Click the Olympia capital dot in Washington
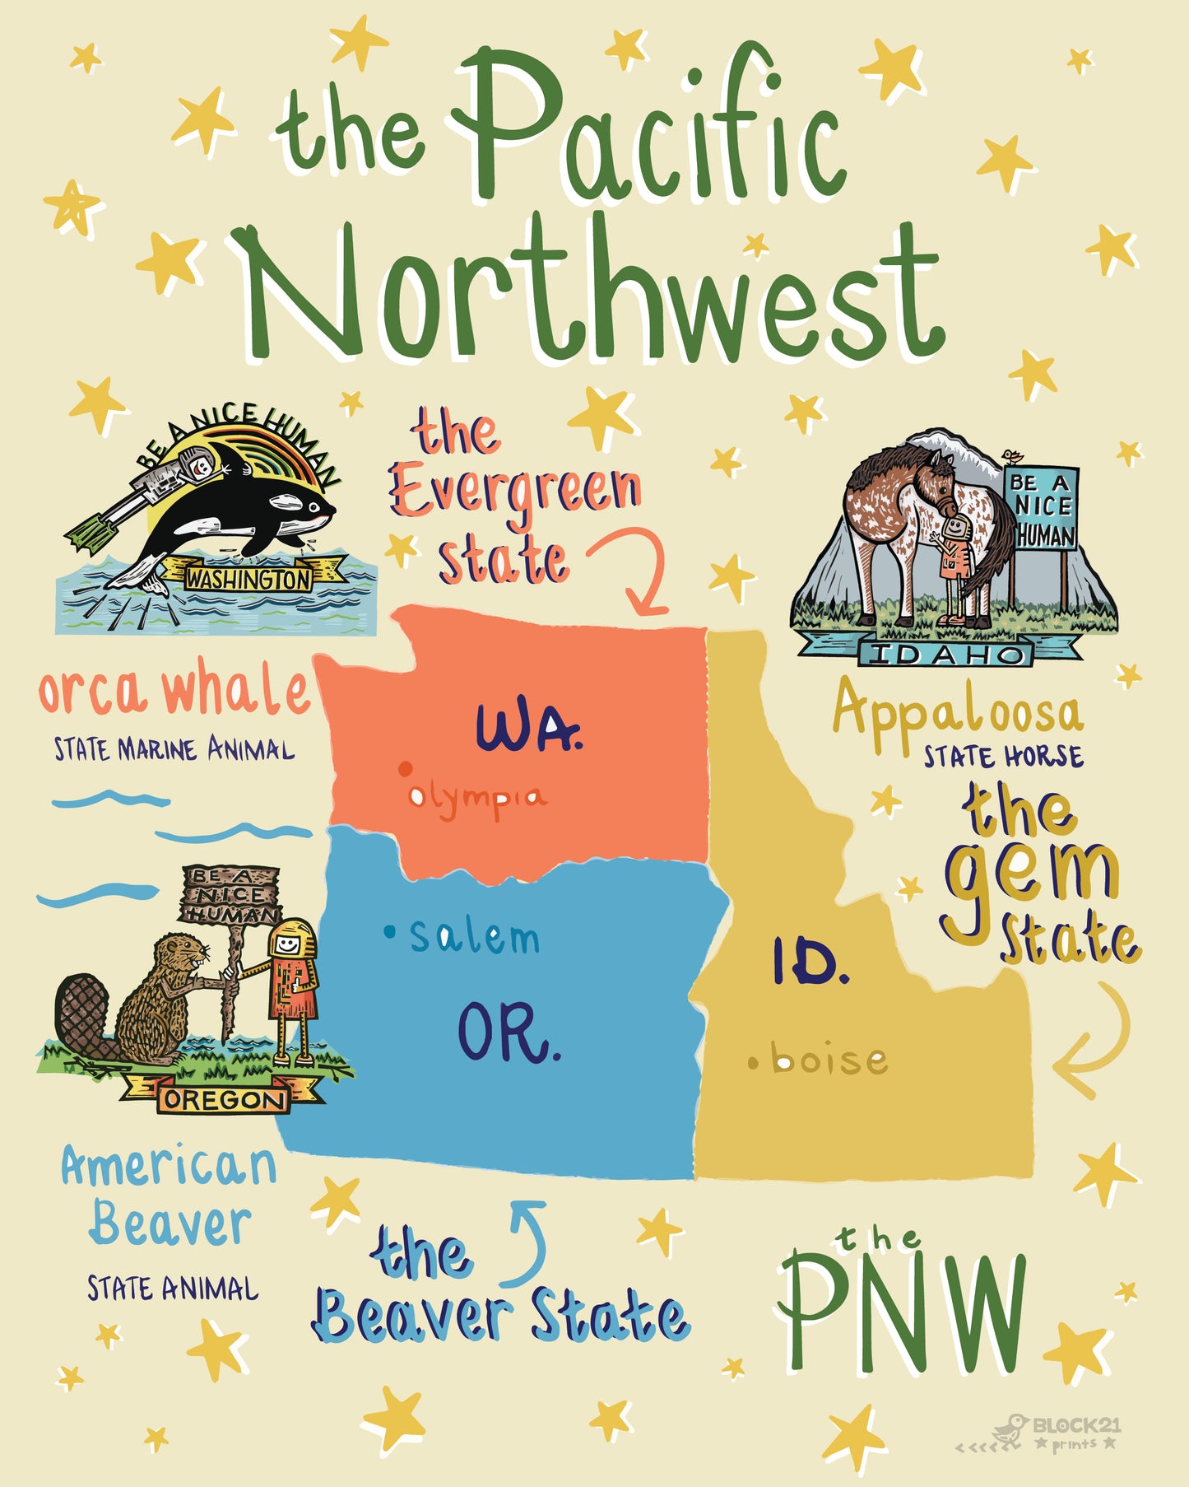point(405,769)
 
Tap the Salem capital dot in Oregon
point(390,933)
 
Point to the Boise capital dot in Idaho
point(753,1062)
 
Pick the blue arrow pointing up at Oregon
point(527,1243)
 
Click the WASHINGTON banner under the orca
point(248,579)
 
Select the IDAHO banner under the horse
point(943,655)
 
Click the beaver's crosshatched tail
point(82,1018)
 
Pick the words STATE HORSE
point(1002,756)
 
